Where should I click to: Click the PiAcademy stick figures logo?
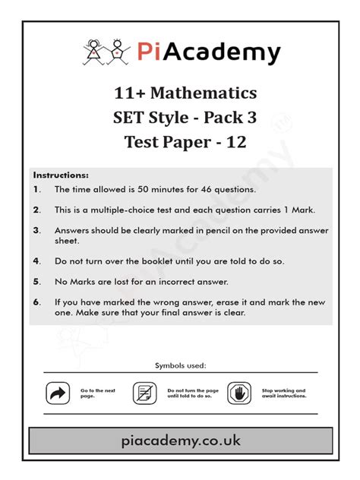coord(106,52)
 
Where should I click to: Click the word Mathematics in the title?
coord(204,93)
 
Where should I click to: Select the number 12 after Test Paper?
coord(236,141)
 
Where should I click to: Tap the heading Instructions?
coord(61,175)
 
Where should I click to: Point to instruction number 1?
coord(36,189)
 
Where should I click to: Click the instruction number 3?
coord(36,229)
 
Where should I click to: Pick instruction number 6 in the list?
coord(36,302)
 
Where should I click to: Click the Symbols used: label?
coord(180,366)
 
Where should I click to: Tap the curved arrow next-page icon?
coord(58,393)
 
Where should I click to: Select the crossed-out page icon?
coord(144,393)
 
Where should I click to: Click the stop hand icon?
coord(238,393)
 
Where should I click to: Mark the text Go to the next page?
coord(97,393)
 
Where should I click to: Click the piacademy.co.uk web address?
coord(180,441)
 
